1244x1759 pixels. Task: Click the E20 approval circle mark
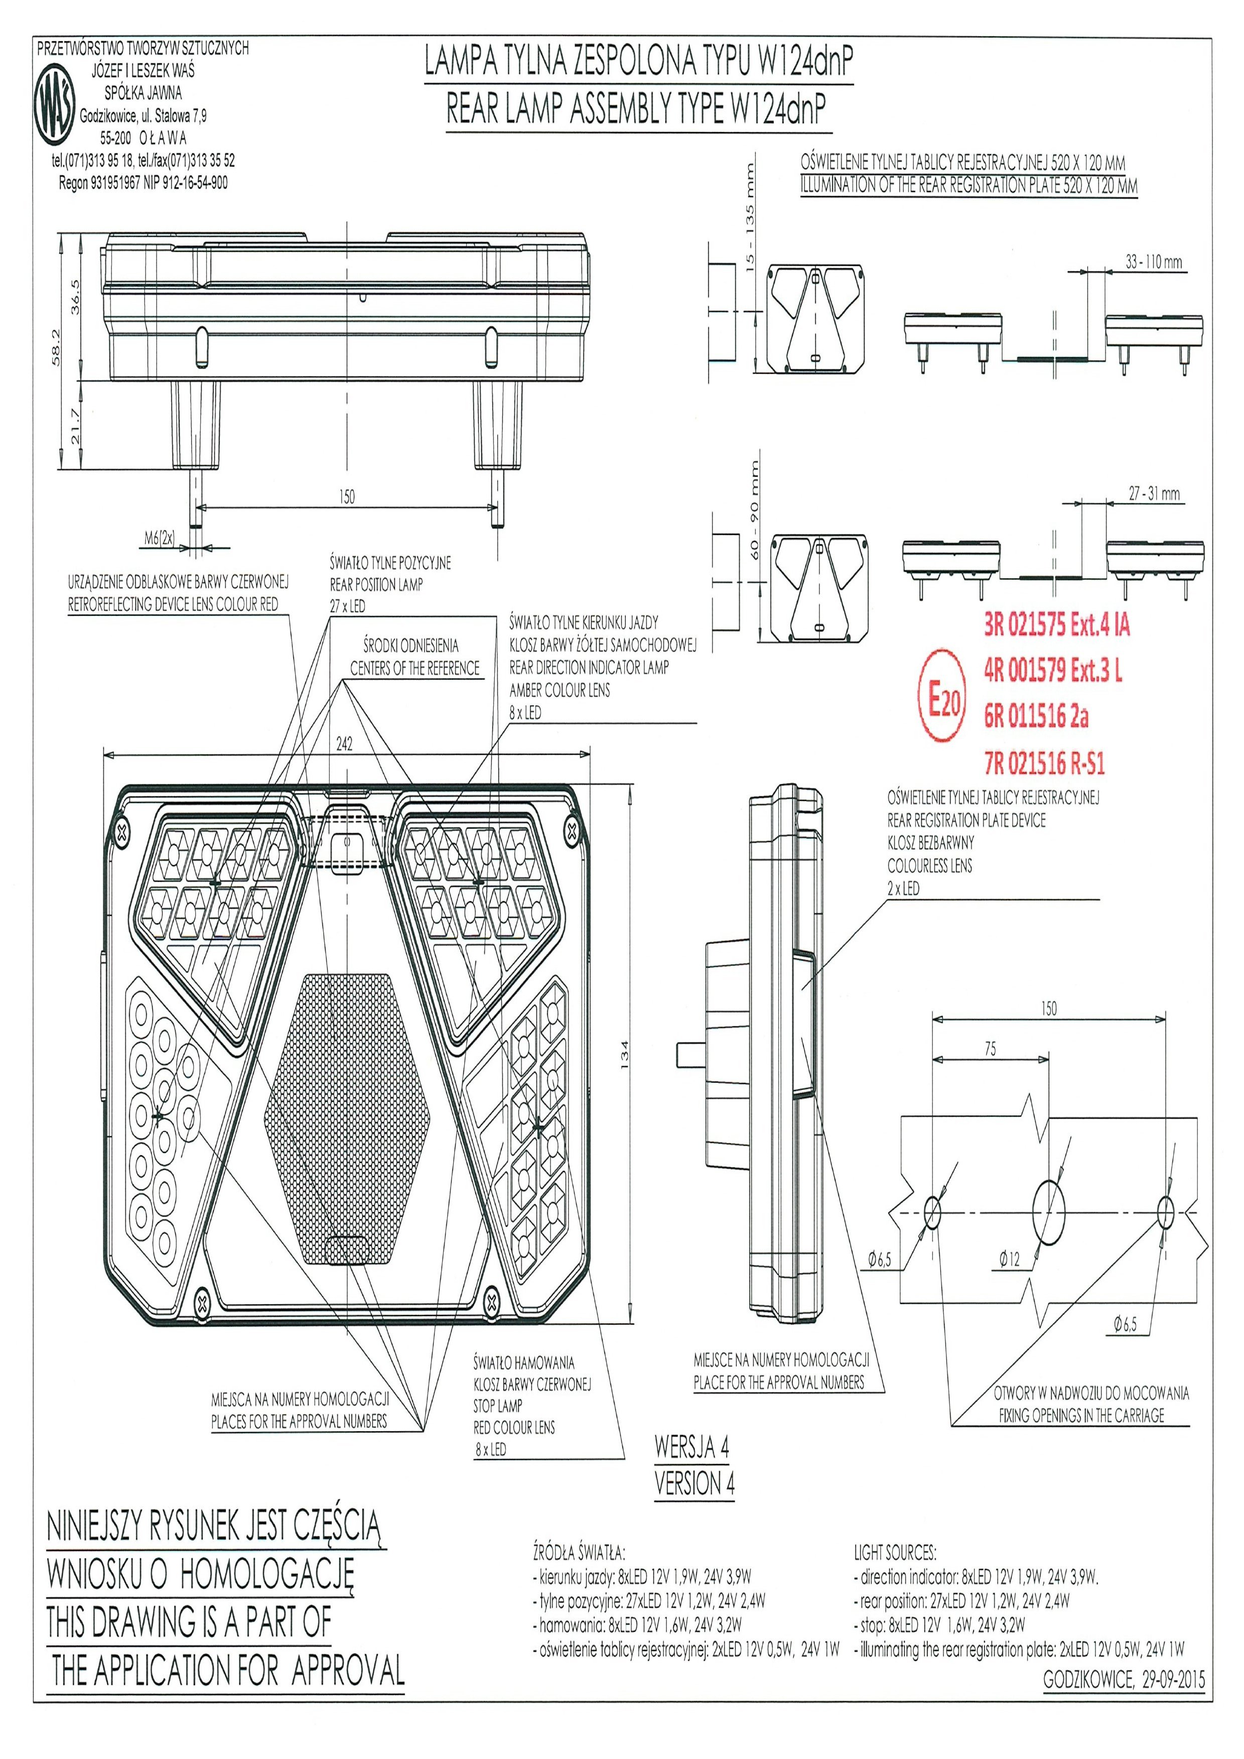tap(943, 696)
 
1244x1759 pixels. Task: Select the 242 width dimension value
tap(345, 744)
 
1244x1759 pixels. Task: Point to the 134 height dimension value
tap(624, 1057)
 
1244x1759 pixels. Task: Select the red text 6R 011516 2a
tap(1036, 716)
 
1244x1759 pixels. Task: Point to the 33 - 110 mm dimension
tap(1154, 262)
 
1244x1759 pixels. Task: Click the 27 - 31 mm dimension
tap(1154, 494)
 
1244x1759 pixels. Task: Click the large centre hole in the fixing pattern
tap(1049, 1213)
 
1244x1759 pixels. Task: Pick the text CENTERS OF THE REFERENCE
tap(414, 668)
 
